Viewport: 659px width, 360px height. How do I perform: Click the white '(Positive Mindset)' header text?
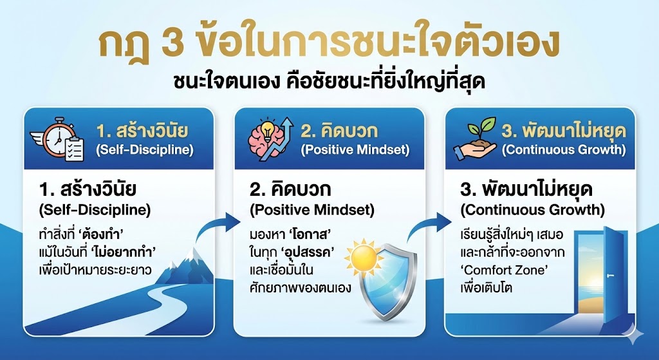[355, 151]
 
